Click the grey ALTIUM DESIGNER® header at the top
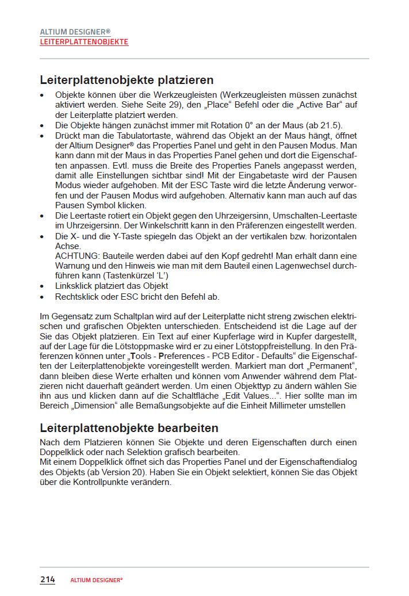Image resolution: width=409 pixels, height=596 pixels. tap(75, 32)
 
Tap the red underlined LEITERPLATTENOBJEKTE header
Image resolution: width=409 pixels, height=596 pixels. tap(84, 42)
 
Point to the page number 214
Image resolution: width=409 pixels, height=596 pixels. tap(47, 579)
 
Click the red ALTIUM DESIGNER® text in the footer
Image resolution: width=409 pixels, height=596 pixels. tap(97, 580)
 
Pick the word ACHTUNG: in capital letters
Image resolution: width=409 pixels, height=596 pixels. tap(75, 256)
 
